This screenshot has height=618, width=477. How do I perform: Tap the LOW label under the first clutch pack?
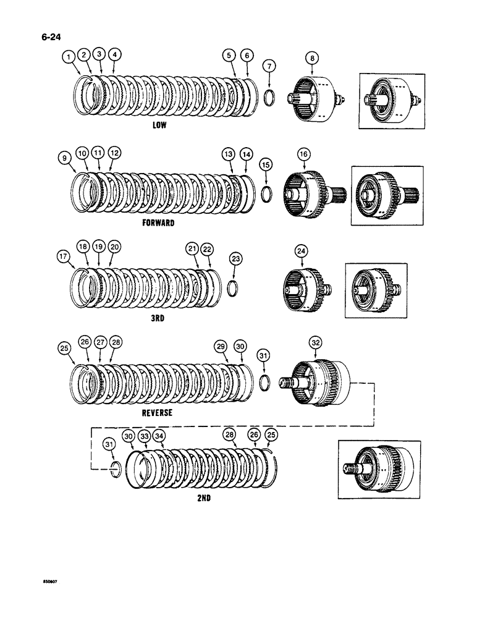pyautogui.click(x=161, y=124)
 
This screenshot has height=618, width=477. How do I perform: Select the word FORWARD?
pyautogui.click(x=158, y=223)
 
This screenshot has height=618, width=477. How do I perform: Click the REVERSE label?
pyautogui.click(x=157, y=412)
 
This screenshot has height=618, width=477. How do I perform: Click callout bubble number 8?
pyautogui.click(x=313, y=59)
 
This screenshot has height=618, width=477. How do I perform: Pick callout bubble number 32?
pyautogui.click(x=316, y=344)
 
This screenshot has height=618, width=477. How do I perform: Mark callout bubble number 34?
pyautogui.click(x=159, y=436)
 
